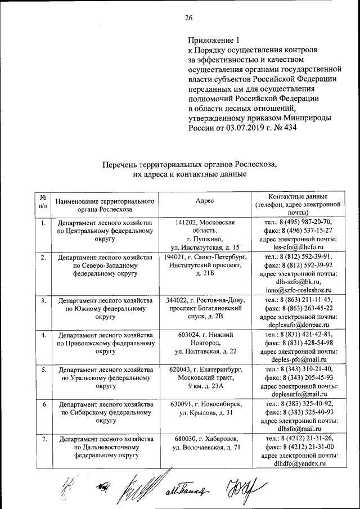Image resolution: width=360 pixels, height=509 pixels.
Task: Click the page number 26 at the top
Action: (x=189, y=17)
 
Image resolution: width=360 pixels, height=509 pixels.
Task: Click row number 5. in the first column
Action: (x=43, y=369)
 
